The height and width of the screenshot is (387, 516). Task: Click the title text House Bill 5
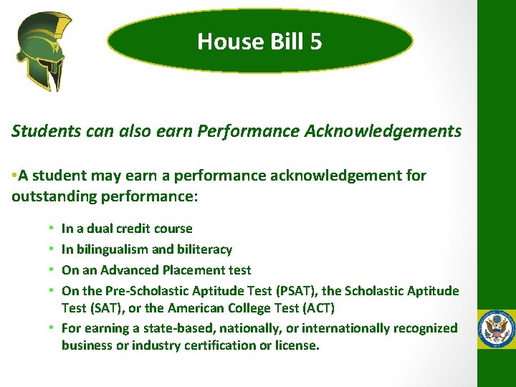[259, 42]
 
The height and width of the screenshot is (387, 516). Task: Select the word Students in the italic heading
[40, 131]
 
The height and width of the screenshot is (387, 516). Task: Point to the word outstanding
[49, 196]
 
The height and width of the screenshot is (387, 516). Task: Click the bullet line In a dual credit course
[127, 229]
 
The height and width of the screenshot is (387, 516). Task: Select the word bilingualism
[111, 249]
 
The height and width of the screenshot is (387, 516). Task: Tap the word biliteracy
[205, 249]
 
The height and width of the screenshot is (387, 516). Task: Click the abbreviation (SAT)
[104, 308]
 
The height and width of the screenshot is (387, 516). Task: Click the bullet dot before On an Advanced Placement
[52, 270]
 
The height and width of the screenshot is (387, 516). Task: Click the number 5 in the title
[316, 42]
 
